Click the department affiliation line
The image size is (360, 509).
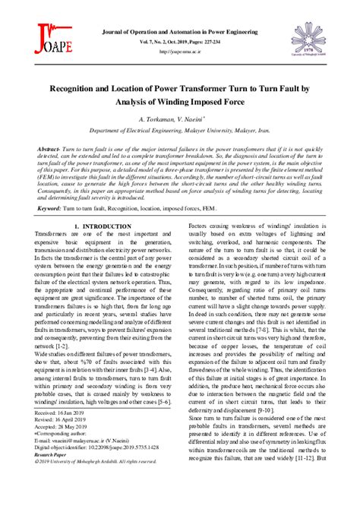[x=181, y=130]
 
